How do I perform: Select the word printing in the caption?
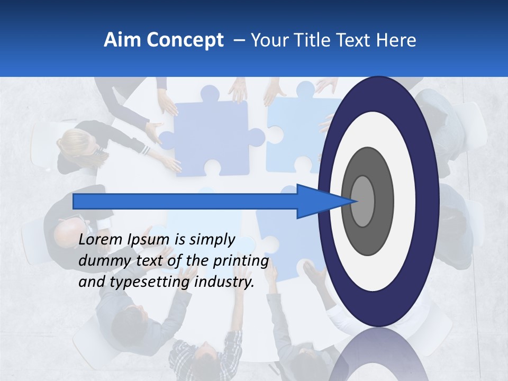[x=241, y=261]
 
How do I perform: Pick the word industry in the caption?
[x=224, y=282]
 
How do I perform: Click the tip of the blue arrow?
[x=357, y=201]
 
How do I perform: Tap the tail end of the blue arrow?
[x=75, y=201]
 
